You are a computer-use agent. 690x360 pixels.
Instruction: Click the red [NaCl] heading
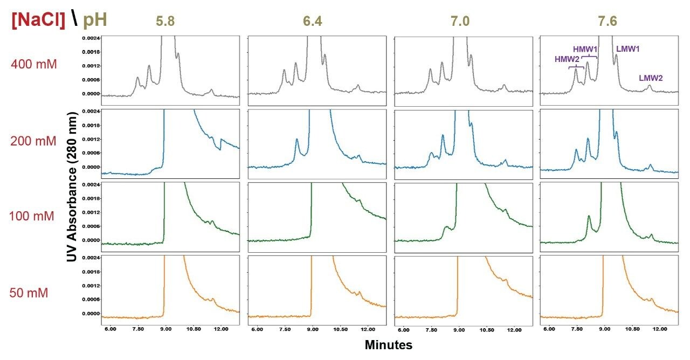pyautogui.click(x=38, y=20)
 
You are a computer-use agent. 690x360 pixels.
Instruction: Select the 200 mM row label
pyautogui.click(x=33, y=141)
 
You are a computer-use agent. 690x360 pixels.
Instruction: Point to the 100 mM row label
pyautogui.click(x=32, y=217)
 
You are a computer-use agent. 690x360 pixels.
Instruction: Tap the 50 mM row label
pyautogui.click(x=29, y=293)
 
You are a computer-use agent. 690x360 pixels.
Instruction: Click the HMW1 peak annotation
pyautogui.click(x=585, y=49)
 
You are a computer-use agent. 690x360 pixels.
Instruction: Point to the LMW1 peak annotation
pyautogui.click(x=628, y=49)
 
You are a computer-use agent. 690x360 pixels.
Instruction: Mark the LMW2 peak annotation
pyautogui.click(x=651, y=78)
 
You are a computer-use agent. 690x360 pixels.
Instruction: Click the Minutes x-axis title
pyautogui.click(x=389, y=345)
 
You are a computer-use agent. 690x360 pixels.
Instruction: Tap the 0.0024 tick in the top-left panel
pyautogui.click(x=91, y=38)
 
